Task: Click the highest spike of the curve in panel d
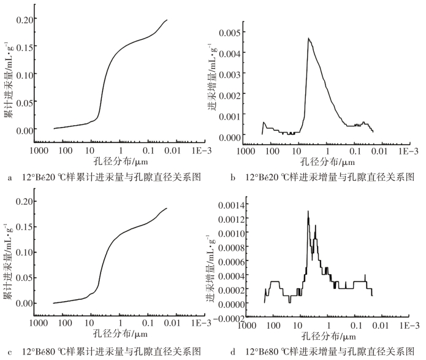point(308,212)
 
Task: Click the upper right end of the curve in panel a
point(167,20)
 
